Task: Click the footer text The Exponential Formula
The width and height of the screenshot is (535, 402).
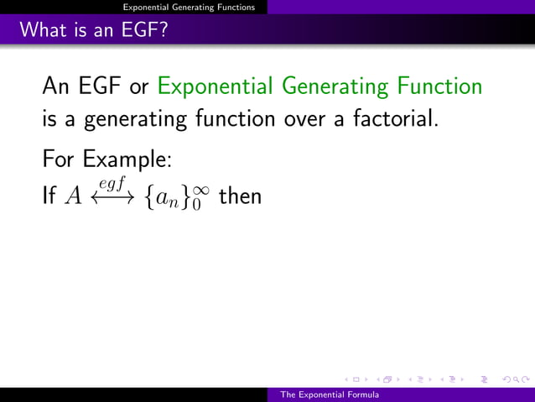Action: (329, 394)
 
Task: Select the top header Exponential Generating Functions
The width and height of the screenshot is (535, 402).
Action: (189, 7)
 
